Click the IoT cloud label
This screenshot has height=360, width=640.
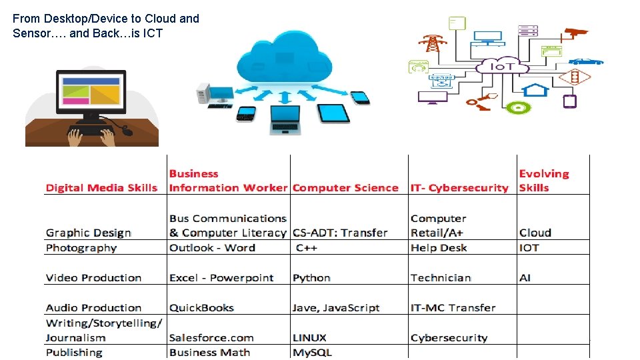pos(501,67)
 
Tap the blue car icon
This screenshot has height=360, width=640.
pos(585,61)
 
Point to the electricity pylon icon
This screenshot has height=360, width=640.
pos(433,43)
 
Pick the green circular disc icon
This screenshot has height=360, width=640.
pos(517,107)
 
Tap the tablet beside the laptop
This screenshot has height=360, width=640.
pos(333,113)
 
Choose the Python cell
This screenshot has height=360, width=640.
pos(311,278)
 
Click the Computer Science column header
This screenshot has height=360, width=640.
pos(345,188)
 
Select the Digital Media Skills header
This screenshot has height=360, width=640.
pos(101,188)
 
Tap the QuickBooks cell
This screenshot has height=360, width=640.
pos(201,308)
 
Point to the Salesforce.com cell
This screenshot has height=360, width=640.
pos(211,338)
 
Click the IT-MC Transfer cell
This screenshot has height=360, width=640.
pos(453,308)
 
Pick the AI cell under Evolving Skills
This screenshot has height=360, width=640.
pos(525,278)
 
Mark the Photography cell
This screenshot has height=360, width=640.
pos(81,248)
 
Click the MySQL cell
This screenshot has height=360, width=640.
pos(312,353)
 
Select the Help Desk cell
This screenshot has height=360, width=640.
pos(439,248)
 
